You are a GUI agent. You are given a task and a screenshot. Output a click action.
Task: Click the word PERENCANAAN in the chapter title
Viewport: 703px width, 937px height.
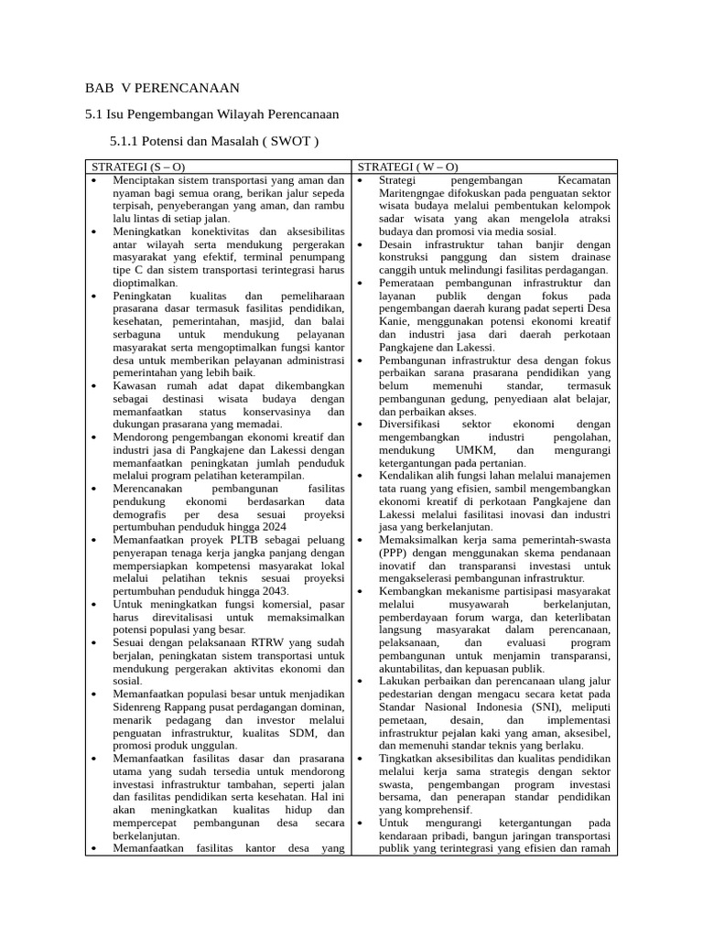(x=188, y=88)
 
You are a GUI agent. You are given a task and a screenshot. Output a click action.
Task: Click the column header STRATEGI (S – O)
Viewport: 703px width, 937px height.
(x=138, y=167)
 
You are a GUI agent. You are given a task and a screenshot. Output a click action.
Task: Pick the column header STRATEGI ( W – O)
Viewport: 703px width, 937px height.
(x=407, y=167)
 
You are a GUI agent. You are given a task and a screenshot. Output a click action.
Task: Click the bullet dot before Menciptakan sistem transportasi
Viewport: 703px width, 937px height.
(x=95, y=180)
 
